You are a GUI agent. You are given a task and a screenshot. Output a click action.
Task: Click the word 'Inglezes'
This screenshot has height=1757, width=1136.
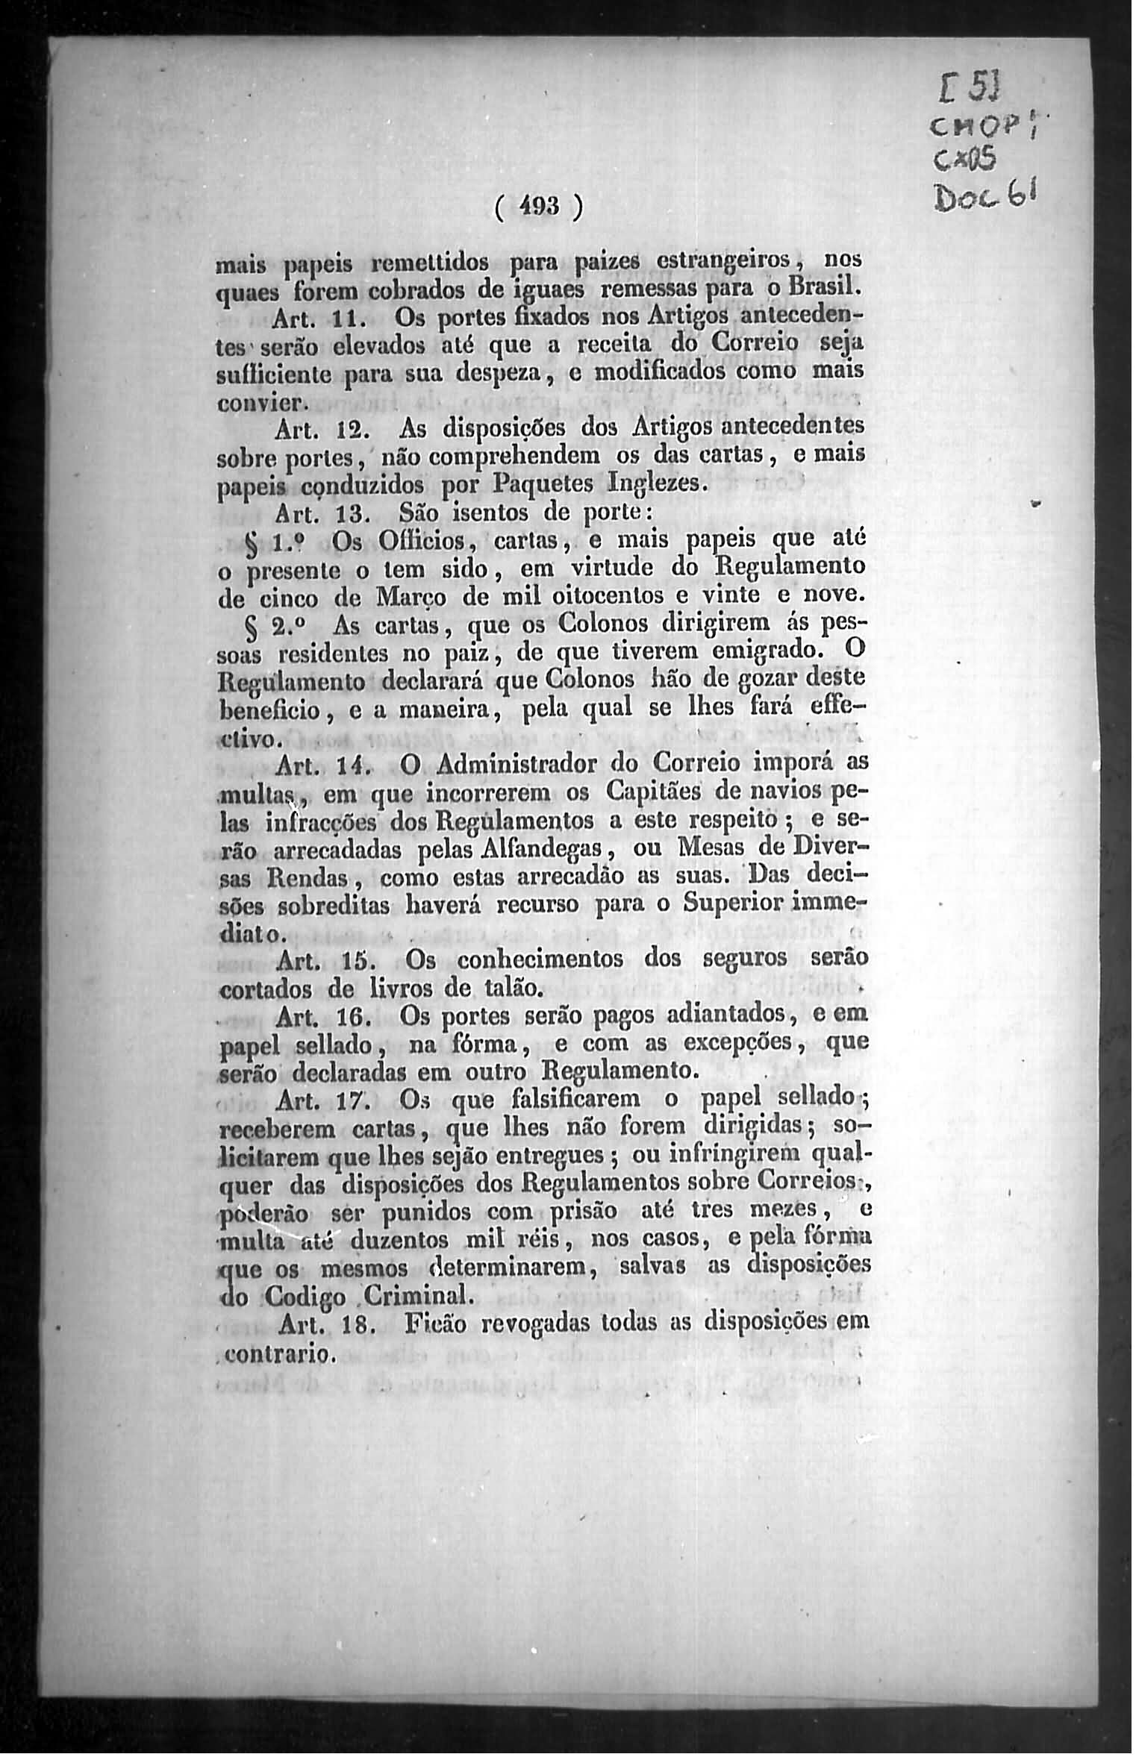[655, 483]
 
